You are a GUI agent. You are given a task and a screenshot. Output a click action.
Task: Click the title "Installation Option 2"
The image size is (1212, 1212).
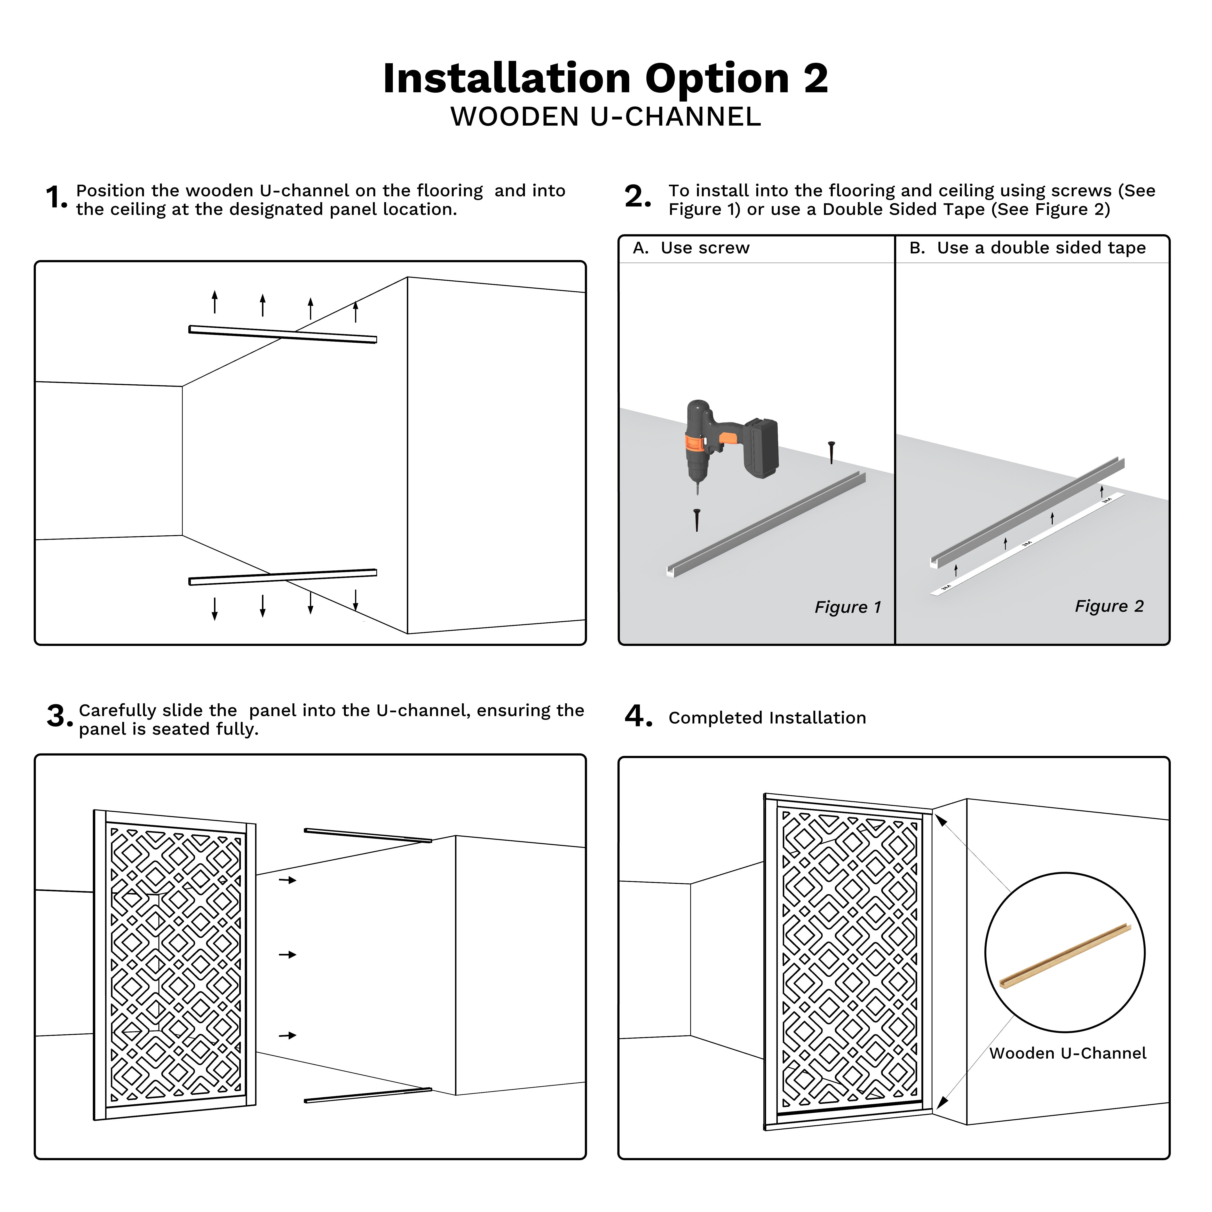(605, 79)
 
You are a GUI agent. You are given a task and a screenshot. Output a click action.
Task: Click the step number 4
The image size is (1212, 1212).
(638, 716)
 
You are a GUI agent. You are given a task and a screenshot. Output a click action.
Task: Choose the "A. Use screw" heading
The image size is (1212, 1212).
(691, 248)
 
